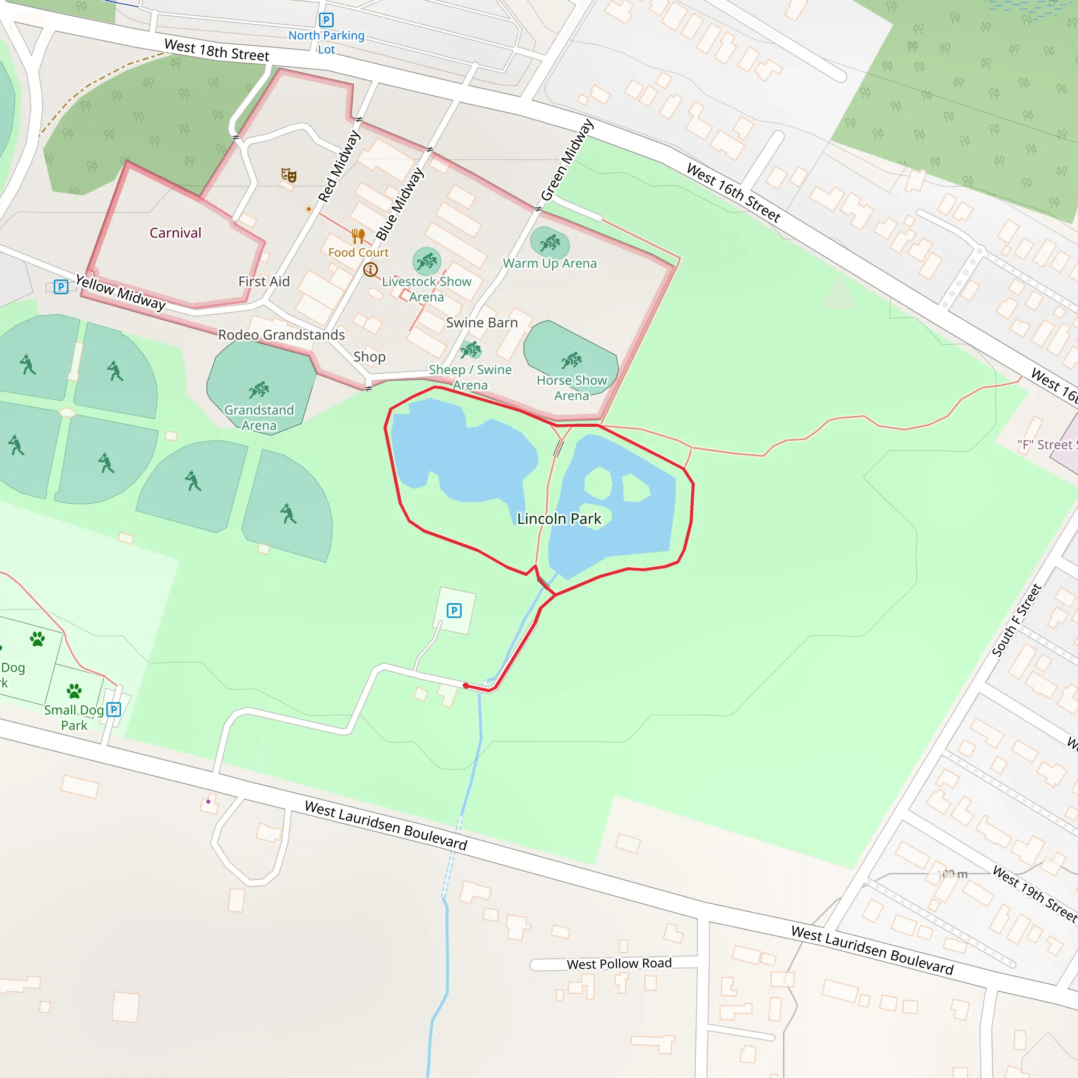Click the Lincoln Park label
coord(558,519)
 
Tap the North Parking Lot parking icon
coord(326,21)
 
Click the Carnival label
coord(175,233)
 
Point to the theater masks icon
coord(288,175)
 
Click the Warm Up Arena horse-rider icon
coord(550,243)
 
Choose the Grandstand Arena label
coord(259,417)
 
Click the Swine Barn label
coord(482,323)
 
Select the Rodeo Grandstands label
coord(281,335)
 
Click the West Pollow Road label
coord(619,964)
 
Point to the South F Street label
coord(1016,620)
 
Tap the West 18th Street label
coord(216,50)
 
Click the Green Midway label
coord(567,160)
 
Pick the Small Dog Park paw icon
coord(74,691)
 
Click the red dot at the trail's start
coord(466,686)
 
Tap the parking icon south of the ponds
coord(454,611)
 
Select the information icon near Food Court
coord(371,270)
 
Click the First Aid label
coord(264,282)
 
